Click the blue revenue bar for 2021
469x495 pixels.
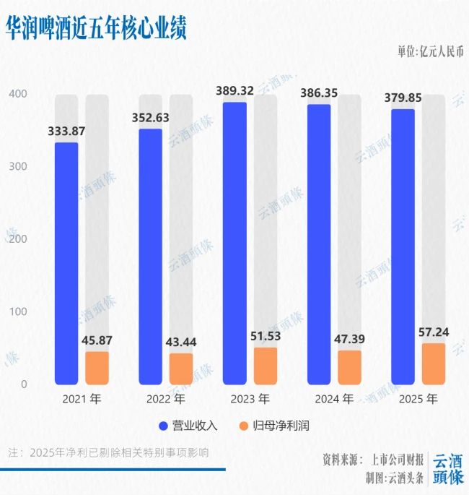66,263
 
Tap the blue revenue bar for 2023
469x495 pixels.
234,243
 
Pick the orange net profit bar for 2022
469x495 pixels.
181,369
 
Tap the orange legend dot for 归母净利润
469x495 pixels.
243,426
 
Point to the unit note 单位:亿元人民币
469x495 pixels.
431,51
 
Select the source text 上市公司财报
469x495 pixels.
397,460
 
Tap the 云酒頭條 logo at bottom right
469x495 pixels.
447,469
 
